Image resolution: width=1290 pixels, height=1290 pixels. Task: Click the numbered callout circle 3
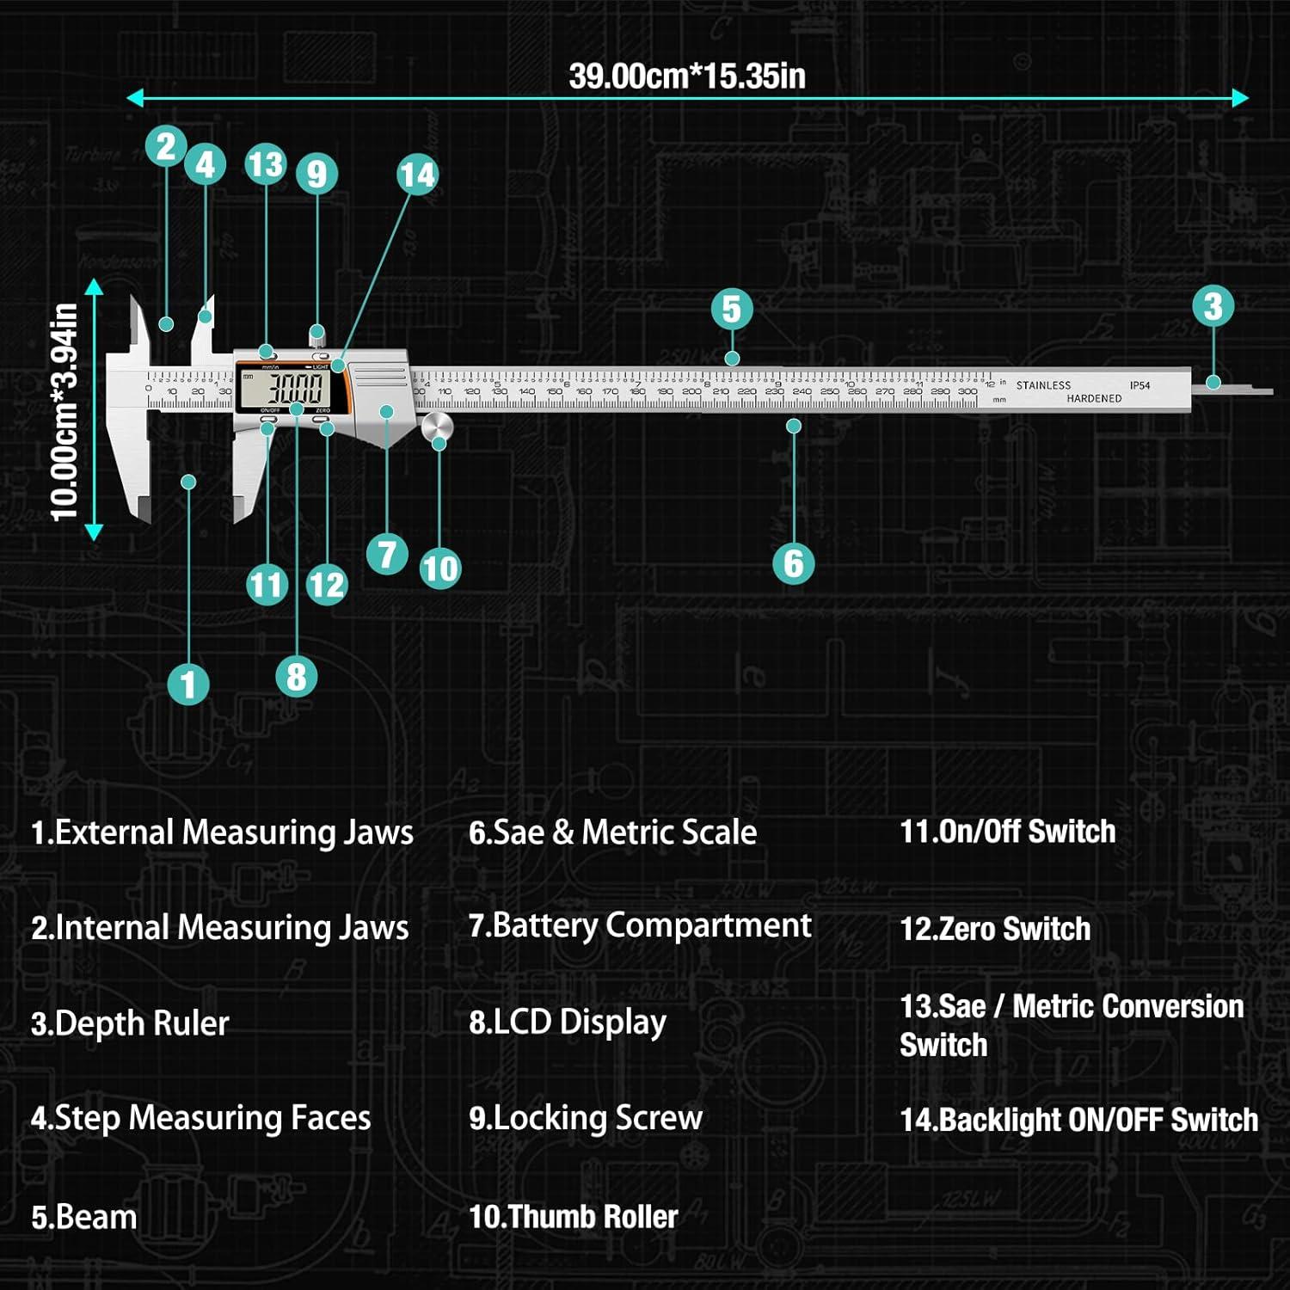tap(1213, 306)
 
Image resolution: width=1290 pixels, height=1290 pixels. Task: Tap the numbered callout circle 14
tap(417, 175)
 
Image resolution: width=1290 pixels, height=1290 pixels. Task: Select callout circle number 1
tap(188, 685)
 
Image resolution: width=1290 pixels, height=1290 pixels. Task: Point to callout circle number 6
tap(793, 563)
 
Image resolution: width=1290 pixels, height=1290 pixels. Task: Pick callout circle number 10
tap(440, 568)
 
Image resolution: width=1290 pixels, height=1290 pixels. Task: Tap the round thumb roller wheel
tap(437, 427)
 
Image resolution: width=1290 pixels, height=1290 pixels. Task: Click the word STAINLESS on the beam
tap(1043, 385)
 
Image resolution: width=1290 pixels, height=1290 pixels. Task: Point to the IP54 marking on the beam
tap(1139, 385)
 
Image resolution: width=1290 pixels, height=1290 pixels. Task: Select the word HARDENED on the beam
tap(1094, 398)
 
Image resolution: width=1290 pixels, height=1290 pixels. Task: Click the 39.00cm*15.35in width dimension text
tap(687, 76)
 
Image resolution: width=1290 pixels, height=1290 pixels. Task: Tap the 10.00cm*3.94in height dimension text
tap(65, 412)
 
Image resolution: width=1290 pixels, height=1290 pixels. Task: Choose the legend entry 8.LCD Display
tap(568, 1023)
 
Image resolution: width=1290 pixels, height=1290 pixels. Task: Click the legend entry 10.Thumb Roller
tap(574, 1216)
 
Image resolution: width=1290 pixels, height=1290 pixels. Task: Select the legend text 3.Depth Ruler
tap(130, 1023)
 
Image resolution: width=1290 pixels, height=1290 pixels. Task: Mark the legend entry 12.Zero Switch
tap(995, 929)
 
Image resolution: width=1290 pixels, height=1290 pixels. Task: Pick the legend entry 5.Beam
tap(84, 1217)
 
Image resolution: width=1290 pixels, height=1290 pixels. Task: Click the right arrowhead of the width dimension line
tap(1240, 98)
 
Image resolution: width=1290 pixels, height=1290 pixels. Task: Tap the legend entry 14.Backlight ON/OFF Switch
tap(1078, 1120)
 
